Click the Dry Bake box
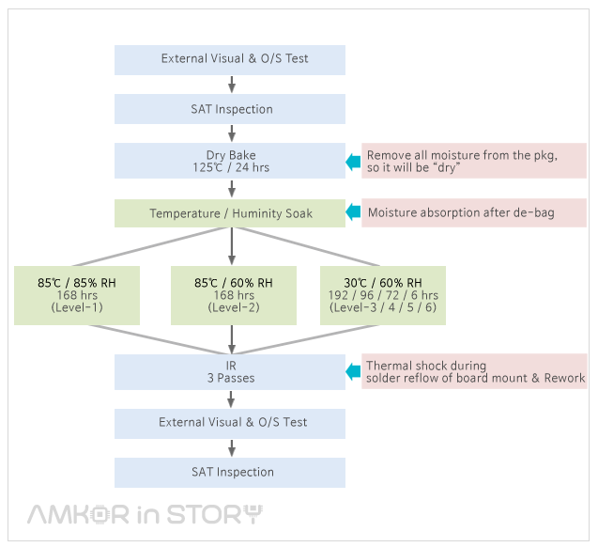(x=230, y=161)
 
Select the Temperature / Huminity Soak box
(x=230, y=213)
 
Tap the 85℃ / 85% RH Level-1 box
(x=76, y=295)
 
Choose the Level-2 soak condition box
(x=233, y=295)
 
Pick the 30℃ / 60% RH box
(x=383, y=295)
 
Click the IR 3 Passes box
(x=230, y=371)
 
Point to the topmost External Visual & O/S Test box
(x=230, y=59)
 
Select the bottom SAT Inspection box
(x=230, y=472)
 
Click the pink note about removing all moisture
(x=474, y=162)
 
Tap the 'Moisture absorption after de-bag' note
(x=474, y=213)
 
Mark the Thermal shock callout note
(x=474, y=371)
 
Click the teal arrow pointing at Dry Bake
(x=353, y=163)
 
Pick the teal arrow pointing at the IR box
(x=353, y=372)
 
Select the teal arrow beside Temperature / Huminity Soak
(x=353, y=213)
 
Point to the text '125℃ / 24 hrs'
(x=230, y=167)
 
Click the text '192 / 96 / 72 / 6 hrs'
(x=383, y=295)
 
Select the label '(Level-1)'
(x=76, y=308)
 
